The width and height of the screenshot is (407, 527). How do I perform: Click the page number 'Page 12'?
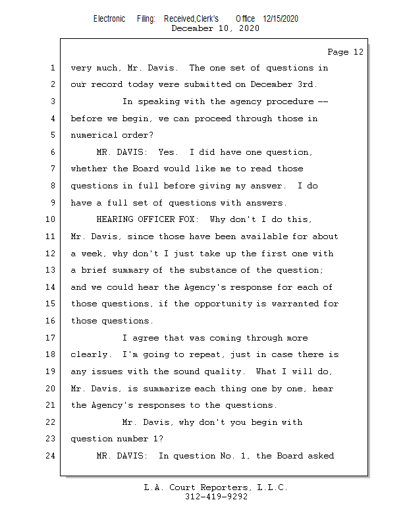pos(345,52)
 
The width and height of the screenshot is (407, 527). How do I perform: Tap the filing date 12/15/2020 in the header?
pos(280,19)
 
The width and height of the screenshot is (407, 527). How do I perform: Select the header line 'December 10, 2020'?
pos(215,28)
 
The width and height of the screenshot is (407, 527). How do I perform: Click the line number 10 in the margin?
pos(51,219)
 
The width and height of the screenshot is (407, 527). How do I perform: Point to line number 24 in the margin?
pos(51,455)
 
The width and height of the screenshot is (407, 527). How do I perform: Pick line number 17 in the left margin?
pos(51,338)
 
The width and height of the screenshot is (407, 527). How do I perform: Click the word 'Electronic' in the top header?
pos(109,19)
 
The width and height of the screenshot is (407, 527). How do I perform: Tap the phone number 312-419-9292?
pos(216,497)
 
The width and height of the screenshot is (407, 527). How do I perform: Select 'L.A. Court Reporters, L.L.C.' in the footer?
pos(216,487)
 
